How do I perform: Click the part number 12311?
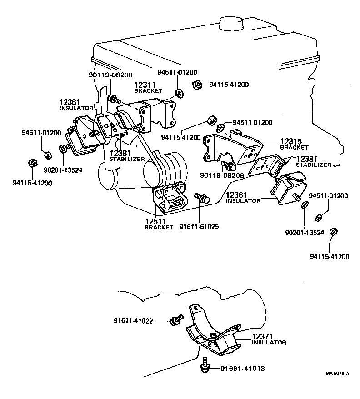pos(145,85)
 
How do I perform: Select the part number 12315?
pos(291,142)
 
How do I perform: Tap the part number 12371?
pos(263,336)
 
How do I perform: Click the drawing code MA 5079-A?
pos(337,374)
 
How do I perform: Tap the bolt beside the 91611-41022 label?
pos(175,320)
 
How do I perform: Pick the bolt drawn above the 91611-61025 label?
pos(201,198)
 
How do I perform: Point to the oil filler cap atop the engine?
pos(236,24)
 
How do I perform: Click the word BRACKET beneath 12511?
pos(159,227)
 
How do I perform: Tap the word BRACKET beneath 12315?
pos(294,148)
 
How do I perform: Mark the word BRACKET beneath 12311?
pos(148,91)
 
